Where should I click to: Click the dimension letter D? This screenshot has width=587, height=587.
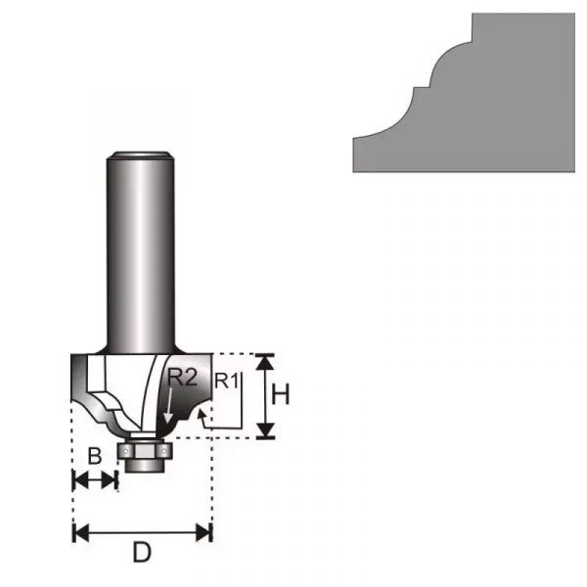coord(142,553)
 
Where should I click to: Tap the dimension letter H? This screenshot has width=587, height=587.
coord(281,395)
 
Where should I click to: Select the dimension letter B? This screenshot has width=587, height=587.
coord(94,456)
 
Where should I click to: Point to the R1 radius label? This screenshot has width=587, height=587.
coord(227,382)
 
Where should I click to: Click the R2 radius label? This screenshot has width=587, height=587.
coord(182,377)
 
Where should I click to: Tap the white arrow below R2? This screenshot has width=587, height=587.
coord(169,407)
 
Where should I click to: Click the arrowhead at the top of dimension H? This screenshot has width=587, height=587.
coord(266,361)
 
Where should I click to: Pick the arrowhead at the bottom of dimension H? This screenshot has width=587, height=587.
coord(266,430)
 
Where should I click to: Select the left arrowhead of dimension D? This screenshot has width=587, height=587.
coord(81,533)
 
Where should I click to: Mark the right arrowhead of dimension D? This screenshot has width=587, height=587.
coord(203,533)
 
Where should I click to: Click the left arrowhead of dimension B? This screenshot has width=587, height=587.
coord(81,480)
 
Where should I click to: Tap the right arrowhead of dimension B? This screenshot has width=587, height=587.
coord(109,480)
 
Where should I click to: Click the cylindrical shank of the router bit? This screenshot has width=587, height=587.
coord(141,252)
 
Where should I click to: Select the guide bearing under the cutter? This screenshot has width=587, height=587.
coord(144,451)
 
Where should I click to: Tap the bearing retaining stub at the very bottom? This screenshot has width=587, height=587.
coord(144,466)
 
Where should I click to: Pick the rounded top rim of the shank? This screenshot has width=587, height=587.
coord(141,155)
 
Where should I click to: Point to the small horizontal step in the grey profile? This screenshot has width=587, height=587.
coord(422,88)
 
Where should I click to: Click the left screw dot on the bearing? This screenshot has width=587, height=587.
coord(126,451)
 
